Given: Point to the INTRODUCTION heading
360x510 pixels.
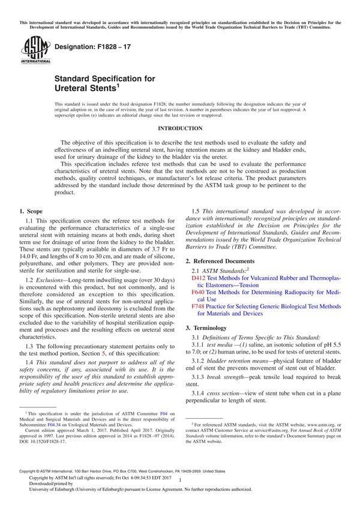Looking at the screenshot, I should [x=179, y=128].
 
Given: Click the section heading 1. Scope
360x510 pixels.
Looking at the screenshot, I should [x=31, y=211].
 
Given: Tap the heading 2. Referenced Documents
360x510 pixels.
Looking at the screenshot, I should [x=228, y=261].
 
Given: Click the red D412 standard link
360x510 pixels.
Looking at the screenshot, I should [x=198, y=278].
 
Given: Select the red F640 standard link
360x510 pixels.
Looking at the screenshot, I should [x=198, y=292].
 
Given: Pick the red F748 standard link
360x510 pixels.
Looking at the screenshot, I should [x=198, y=306].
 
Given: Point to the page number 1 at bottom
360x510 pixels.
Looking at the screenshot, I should [x=180, y=490].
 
